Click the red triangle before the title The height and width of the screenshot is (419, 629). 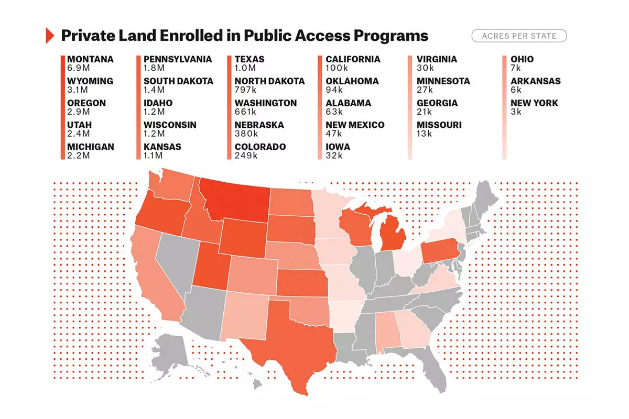tap(50, 36)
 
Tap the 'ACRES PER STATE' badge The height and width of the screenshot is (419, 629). tap(519, 36)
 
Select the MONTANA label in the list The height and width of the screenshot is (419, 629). tap(90, 59)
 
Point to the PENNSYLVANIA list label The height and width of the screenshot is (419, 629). tap(178, 59)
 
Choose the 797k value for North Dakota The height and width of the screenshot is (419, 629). tap(245, 90)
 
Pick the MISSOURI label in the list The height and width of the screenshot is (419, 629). tap(439, 125)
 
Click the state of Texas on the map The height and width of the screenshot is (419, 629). tap(294, 340)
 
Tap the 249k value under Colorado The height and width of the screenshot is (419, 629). tap(246, 156)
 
